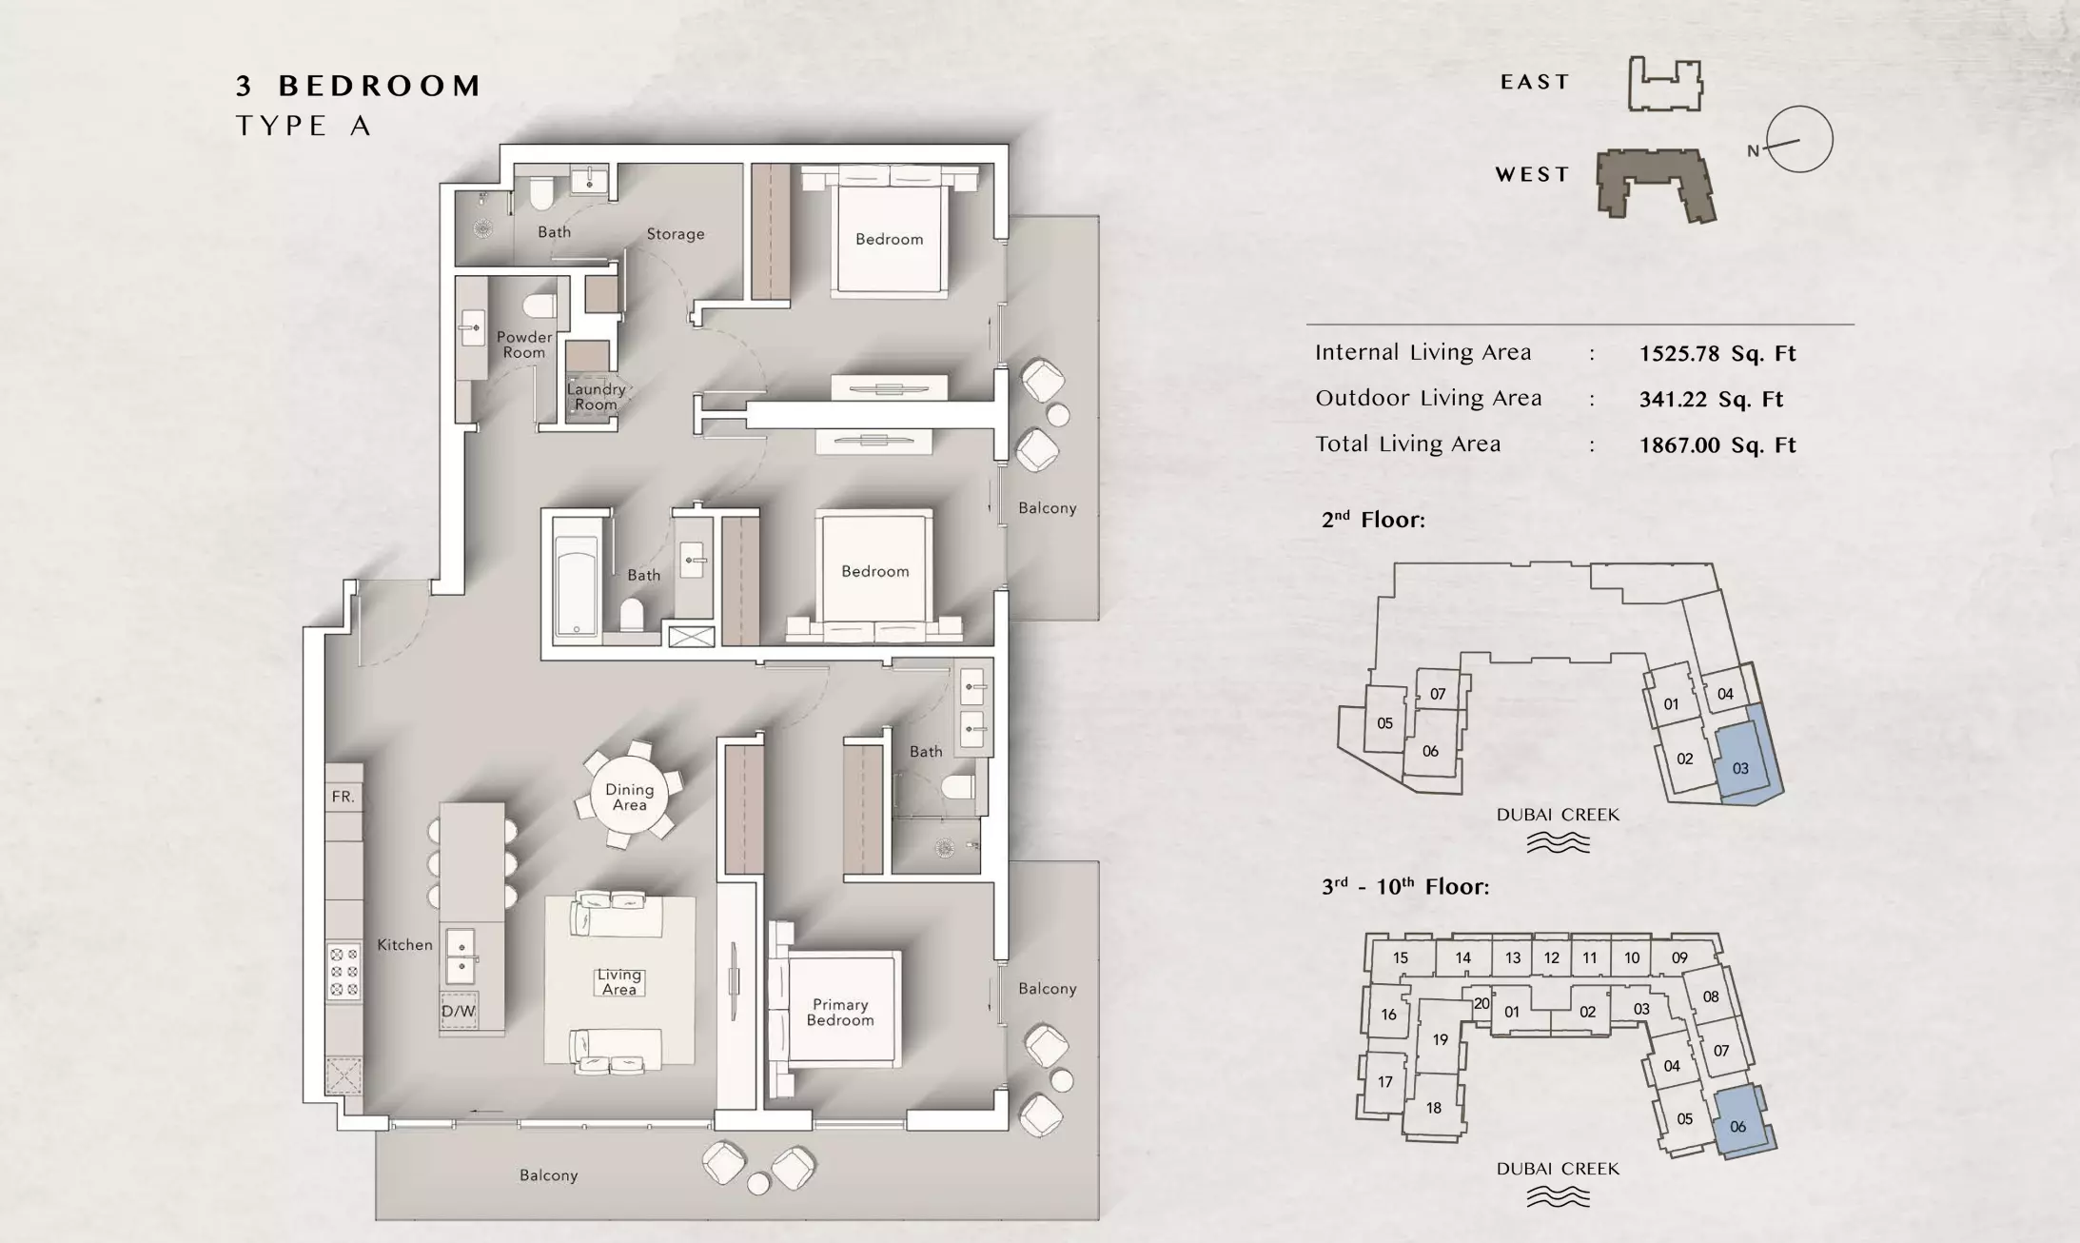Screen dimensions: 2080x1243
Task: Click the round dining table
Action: click(x=629, y=797)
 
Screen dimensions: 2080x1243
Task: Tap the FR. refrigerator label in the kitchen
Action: click(x=343, y=797)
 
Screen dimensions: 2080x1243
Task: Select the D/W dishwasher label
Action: click(x=459, y=1011)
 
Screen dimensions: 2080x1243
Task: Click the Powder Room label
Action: click(x=524, y=345)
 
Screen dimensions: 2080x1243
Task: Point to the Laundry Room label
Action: click(x=597, y=396)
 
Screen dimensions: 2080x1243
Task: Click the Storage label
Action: click(x=676, y=233)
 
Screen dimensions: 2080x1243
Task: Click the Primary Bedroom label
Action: click(x=840, y=1012)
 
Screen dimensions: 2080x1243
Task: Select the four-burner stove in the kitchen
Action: click(x=344, y=971)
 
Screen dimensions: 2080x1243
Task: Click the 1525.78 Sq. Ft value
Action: click(x=1717, y=354)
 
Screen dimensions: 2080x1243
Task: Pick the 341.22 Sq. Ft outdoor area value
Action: click(x=1711, y=400)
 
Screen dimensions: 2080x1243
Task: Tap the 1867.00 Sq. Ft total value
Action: click(x=1717, y=445)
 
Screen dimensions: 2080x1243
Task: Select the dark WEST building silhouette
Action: click(x=1656, y=185)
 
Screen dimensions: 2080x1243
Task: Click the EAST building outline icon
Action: click(x=1665, y=84)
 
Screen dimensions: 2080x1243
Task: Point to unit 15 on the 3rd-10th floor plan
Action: click(x=1401, y=957)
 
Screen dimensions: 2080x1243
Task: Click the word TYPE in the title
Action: click(x=282, y=126)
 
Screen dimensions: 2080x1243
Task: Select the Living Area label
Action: click(x=618, y=982)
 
